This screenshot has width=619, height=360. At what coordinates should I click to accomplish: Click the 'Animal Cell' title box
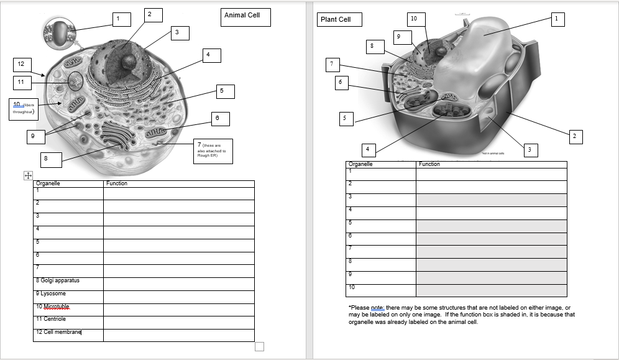pos(245,17)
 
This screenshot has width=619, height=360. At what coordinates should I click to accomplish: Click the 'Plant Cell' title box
pos(339,20)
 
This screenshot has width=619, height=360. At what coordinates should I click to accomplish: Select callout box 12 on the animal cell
pos(21,64)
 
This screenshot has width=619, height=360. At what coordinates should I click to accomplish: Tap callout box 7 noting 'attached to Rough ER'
pos(213,151)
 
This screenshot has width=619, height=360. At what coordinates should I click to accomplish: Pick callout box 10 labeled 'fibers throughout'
pos(24,109)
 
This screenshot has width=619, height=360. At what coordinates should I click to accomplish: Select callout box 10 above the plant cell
pos(413,19)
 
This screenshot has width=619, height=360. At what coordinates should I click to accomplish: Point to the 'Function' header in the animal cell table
pos(117,183)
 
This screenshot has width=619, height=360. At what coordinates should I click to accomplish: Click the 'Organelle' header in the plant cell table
pos(360,164)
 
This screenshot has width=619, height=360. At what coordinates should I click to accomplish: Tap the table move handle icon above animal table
pos(27,176)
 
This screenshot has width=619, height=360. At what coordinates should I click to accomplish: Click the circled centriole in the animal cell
pos(75,81)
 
